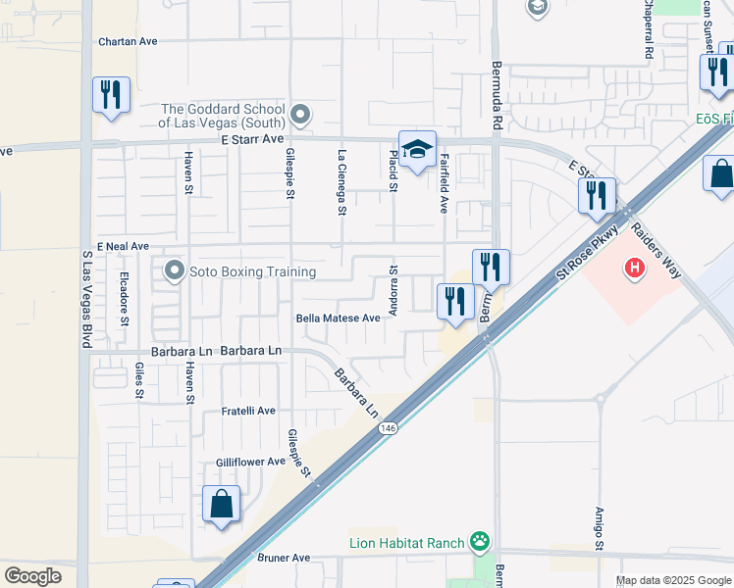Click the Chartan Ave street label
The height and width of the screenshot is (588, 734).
[128, 42]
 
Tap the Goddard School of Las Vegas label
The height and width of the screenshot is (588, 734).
[222, 116]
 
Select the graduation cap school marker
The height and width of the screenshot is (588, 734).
[417, 150]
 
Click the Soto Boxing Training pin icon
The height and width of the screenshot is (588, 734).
[176, 269]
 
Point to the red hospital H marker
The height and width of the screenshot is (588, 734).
[635, 266]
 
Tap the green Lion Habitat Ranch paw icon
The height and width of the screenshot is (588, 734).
[479, 540]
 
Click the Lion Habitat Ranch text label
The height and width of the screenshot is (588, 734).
[407, 541]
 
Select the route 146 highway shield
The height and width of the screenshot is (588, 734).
[388, 427]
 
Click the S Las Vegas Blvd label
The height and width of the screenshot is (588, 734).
[86, 300]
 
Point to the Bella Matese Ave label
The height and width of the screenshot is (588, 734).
[338, 318]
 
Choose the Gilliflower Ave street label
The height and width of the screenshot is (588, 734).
[250, 462]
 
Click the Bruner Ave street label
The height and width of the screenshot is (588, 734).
[284, 558]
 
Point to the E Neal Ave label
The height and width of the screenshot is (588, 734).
[123, 246]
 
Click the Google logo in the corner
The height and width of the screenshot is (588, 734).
[32, 576]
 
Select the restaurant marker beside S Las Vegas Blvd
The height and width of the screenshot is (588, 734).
[110, 95]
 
